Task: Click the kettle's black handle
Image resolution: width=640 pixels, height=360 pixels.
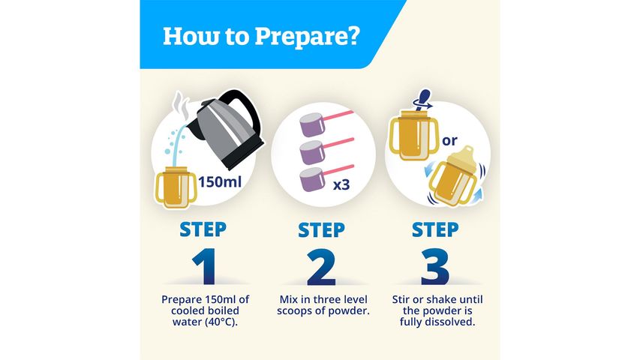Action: pyautogui.click(x=243, y=110)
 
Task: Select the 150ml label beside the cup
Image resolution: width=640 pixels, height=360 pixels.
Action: pyautogui.click(x=220, y=181)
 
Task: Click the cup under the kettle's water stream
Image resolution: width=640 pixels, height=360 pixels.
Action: pyautogui.click(x=176, y=187)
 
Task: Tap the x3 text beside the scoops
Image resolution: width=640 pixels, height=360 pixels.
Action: pyautogui.click(x=341, y=185)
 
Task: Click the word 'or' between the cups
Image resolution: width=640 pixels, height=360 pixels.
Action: pyautogui.click(x=449, y=141)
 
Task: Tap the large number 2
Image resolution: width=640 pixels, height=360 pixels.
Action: pyautogui.click(x=321, y=267)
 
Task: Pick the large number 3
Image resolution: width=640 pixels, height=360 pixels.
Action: pyautogui.click(x=435, y=267)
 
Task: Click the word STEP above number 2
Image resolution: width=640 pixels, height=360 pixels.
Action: pyautogui.click(x=321, y=230)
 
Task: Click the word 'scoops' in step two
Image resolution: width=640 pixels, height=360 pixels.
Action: pyautogui.click(x=295, y=311)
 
